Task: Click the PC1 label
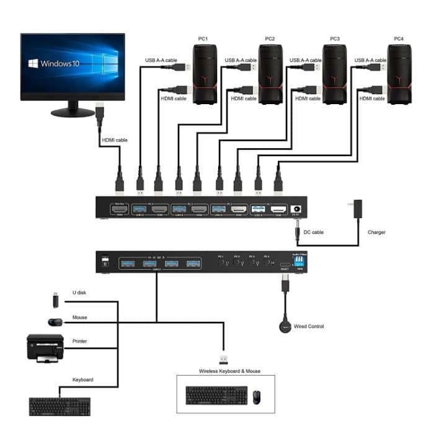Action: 203,39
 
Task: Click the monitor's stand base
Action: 73,113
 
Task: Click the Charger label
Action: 376,232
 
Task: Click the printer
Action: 45,348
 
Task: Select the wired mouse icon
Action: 55,322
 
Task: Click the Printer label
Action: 79,340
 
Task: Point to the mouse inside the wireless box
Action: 257,395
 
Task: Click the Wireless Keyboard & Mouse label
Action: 229,371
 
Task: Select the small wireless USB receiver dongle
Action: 223,359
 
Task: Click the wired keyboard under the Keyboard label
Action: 60,405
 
